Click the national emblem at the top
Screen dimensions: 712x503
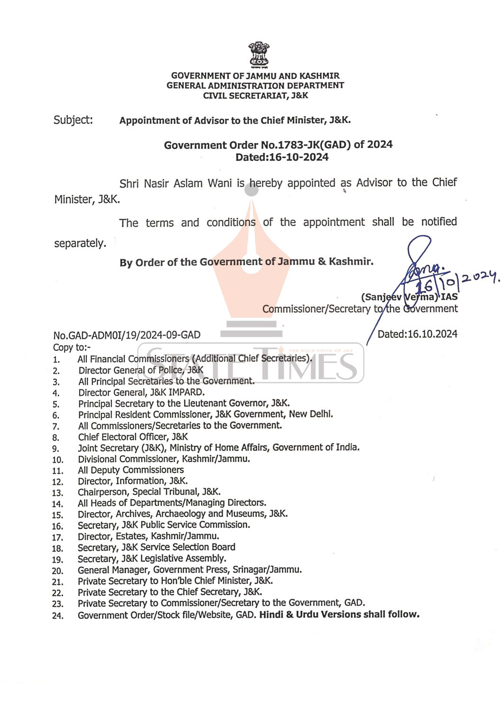259,55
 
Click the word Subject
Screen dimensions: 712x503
73,120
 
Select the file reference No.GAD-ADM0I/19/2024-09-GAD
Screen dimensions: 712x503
127,335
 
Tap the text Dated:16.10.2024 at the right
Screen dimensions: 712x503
417,334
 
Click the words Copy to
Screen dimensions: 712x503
72,347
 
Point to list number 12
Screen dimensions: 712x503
57,482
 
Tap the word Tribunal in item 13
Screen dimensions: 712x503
178,492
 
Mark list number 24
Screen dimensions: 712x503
57,616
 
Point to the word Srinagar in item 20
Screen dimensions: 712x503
250,570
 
